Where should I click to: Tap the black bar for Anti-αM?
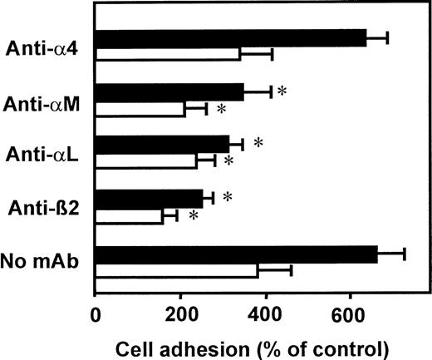[x=192, y=92]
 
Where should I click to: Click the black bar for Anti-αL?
[x=179, y=144]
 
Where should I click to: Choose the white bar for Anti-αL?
[x=146, y=160]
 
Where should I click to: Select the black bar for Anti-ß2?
[x=153, y=198]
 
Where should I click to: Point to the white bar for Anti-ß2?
[x=114, y=216]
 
